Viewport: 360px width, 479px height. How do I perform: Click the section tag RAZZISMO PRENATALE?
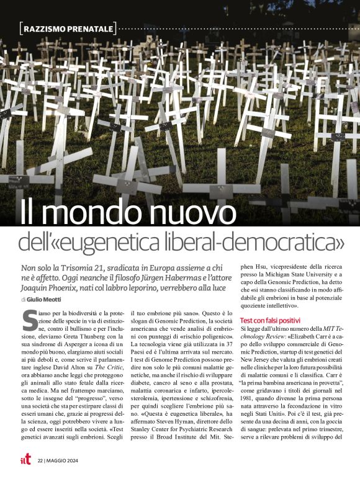coord(69,29)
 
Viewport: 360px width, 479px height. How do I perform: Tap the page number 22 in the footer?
coord(40,460)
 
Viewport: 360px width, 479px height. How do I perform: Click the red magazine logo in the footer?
coord(24,459)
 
